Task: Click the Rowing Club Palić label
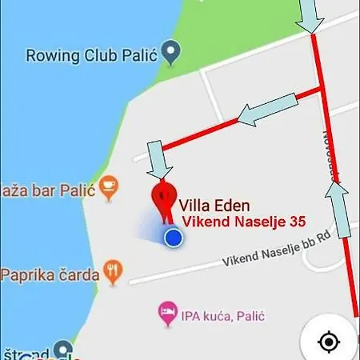pos(90,56)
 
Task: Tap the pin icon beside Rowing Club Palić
pos(170,54)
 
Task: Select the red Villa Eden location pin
pos(164,198)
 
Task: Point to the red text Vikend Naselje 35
pos(242,222)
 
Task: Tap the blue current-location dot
pos(173,238)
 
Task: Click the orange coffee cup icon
pos(110,189)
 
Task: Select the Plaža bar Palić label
pos(48,190)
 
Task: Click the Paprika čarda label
pos(50,274)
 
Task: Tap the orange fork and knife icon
pos(116,273)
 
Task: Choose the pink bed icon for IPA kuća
pos(167,314)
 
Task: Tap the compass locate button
pos(328,342)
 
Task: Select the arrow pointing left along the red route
pos(269,110)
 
